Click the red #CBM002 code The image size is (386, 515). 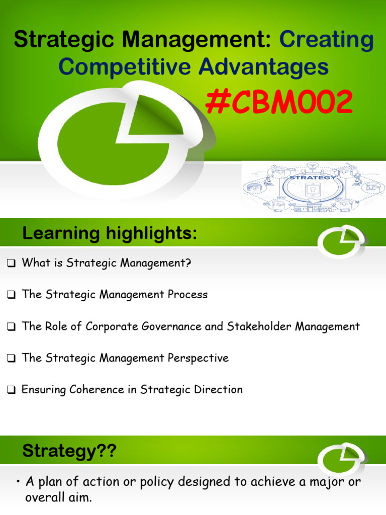278,103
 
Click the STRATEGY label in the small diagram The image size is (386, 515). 306,178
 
